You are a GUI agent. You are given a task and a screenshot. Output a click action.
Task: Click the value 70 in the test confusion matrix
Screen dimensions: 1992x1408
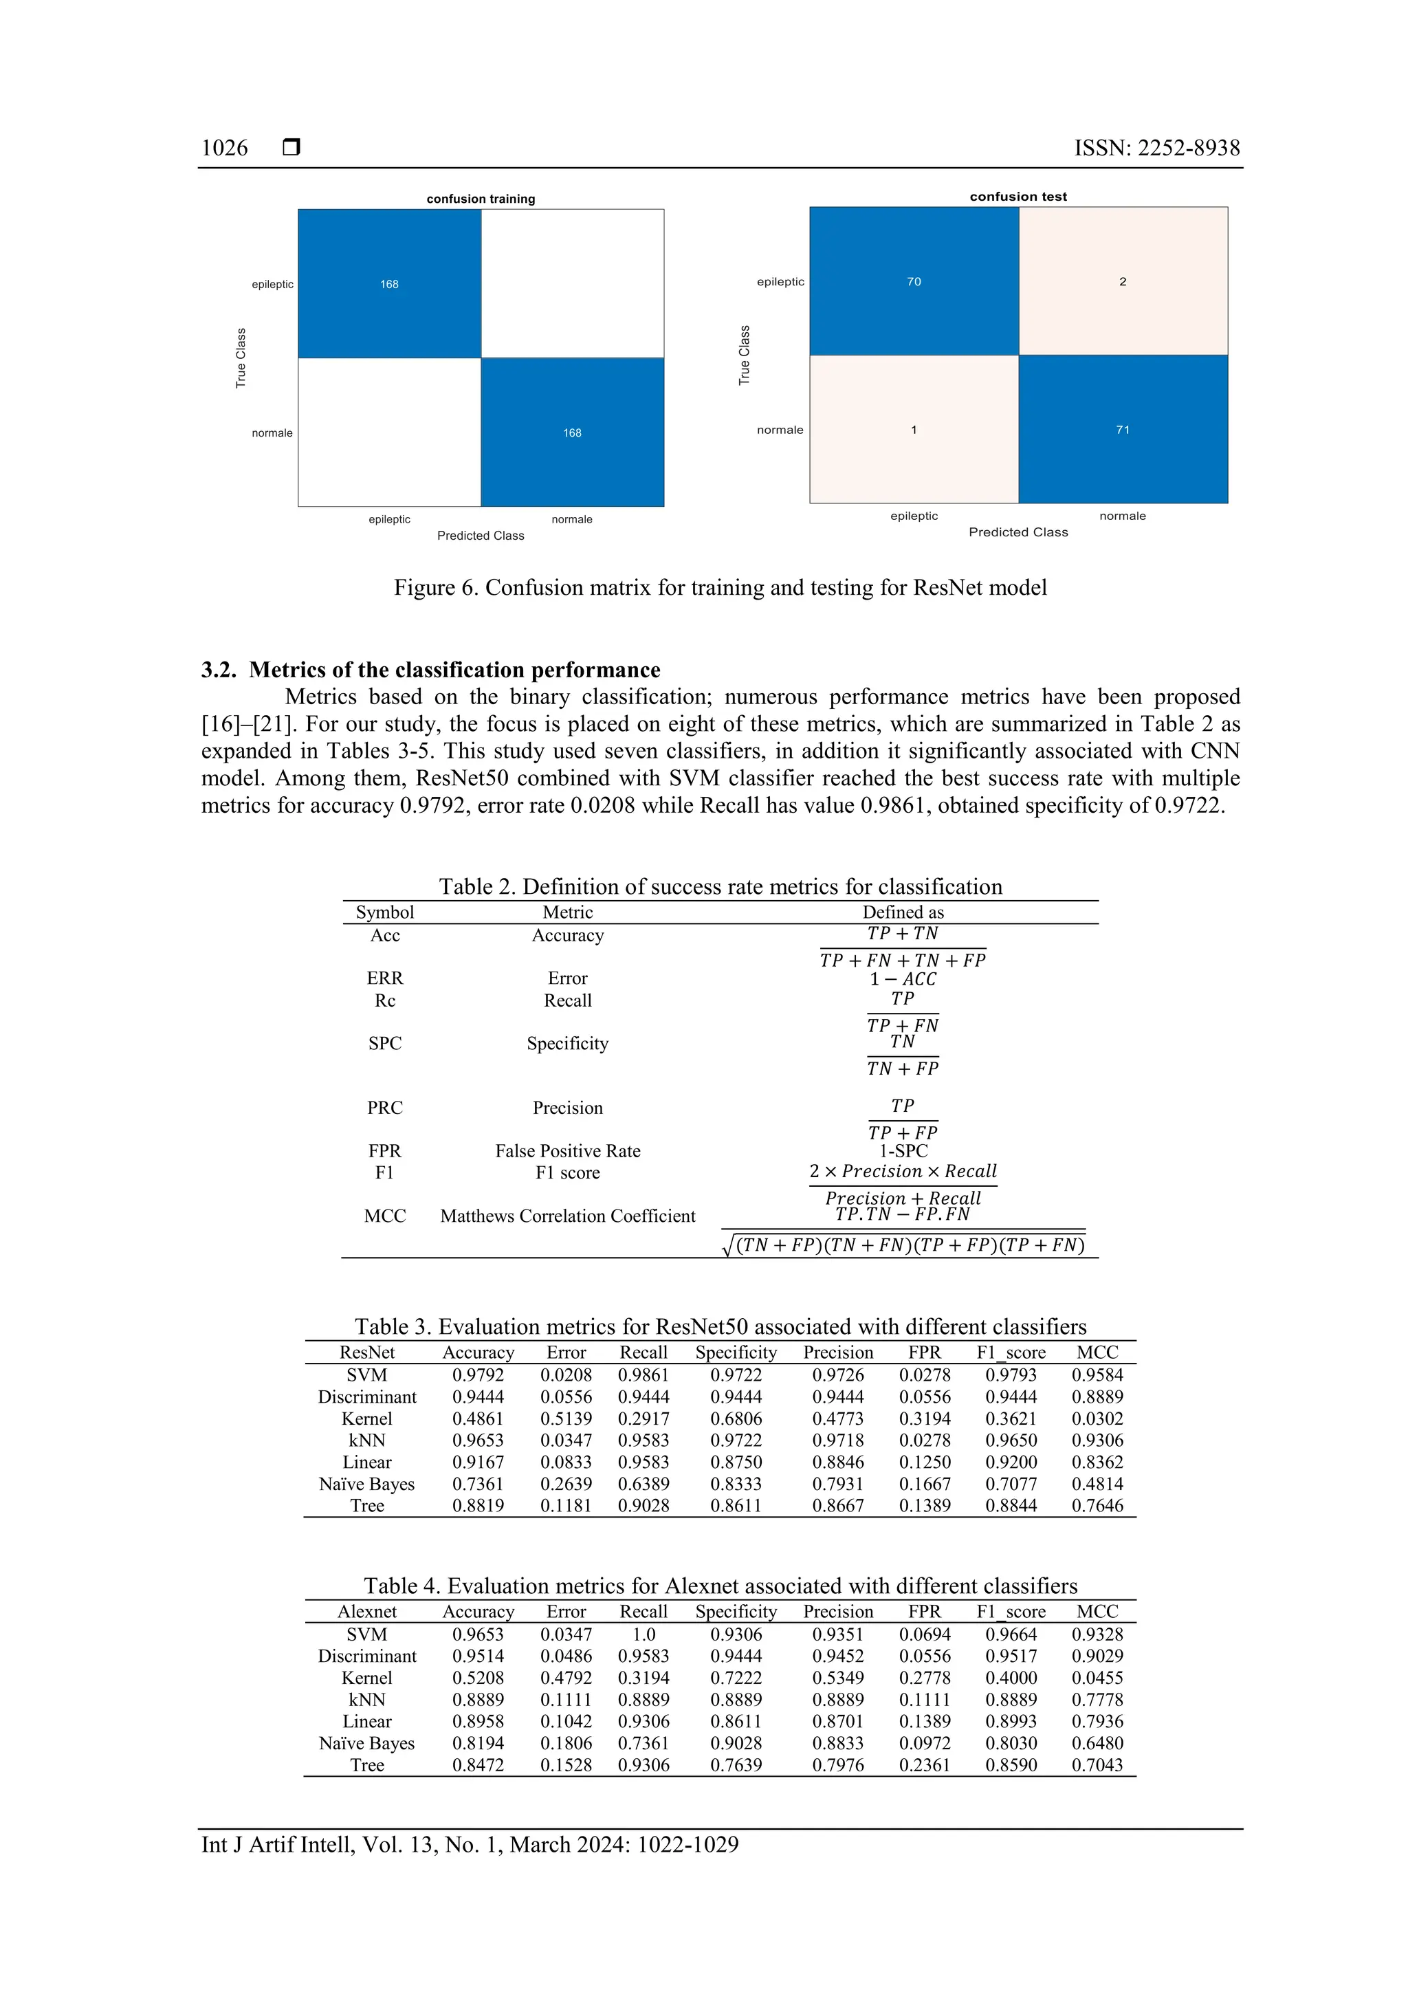(914, 281)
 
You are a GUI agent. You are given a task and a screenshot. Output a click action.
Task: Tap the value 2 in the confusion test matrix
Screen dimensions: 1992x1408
(1122, 281)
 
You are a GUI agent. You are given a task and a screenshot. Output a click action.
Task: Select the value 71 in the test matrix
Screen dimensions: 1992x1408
(1122, 430)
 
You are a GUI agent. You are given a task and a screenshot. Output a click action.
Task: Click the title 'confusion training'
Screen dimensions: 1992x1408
(481, 199)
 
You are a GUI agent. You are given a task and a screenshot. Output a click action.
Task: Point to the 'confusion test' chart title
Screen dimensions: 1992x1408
(1017, 196)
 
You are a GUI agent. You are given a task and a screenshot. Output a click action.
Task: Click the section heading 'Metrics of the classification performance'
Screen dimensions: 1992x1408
(454, 670)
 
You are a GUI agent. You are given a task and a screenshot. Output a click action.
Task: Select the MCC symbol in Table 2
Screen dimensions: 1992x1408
(384, 1216)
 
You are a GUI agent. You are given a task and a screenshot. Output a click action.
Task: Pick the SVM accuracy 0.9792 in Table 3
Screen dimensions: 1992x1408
(477, 1375)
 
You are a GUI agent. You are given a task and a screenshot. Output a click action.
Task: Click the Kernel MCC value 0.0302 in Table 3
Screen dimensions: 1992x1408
(1097, 1419)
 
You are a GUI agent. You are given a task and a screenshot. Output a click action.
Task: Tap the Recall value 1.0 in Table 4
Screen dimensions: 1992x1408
(643, 1634)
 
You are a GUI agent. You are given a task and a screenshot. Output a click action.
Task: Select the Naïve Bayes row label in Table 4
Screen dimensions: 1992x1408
(366, 1743)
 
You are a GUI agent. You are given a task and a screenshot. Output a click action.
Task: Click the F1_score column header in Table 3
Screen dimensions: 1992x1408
(1011, 1352)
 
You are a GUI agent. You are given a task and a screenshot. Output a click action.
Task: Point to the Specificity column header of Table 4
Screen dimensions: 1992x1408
(736, 1611)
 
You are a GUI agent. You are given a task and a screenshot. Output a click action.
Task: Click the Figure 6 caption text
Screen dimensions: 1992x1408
(720, 587)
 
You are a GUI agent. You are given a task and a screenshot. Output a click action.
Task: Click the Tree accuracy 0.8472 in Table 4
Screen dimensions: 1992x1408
(477, 1764)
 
